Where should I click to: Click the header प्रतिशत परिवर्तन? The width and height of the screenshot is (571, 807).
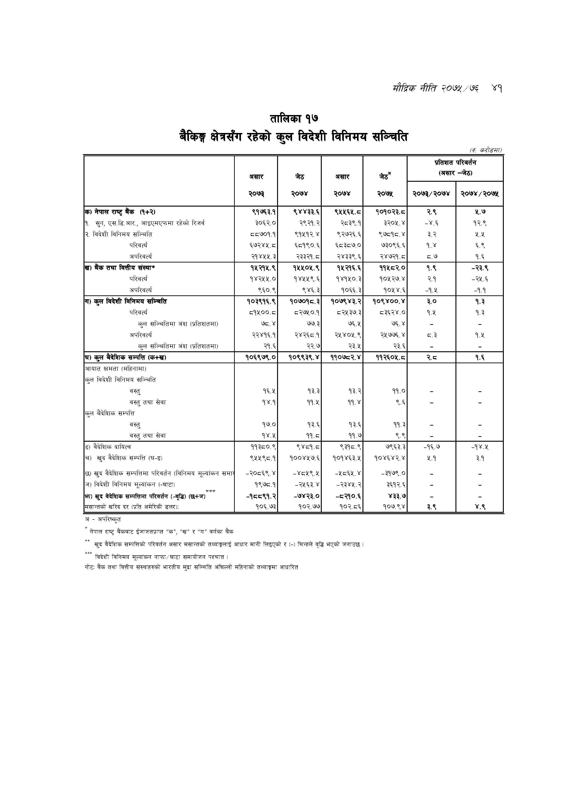[455, 163]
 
